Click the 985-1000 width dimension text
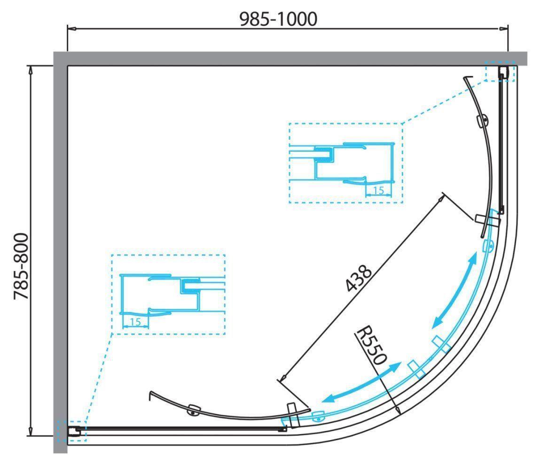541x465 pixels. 278,19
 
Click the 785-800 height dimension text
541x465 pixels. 21,266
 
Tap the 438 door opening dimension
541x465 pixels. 359,278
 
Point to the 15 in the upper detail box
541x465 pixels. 378,190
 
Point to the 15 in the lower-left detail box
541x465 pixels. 135,322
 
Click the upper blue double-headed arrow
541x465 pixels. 455,290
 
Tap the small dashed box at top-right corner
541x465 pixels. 500,71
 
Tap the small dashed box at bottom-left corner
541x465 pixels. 71,431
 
